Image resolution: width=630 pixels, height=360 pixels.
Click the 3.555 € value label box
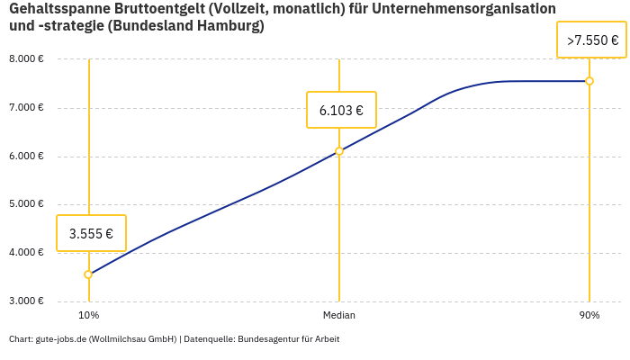click(x=91, y=233)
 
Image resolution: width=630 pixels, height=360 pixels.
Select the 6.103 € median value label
click(x=341, y=111)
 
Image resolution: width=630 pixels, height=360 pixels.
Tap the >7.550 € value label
click(x=591, y=40)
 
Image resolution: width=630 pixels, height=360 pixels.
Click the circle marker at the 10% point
click(x=88, y=274)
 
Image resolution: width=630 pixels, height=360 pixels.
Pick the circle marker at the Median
click(x=339, y=151)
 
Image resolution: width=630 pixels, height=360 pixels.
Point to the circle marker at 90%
click(x=589, y=81)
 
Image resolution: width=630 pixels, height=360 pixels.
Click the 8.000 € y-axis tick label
click(x=26, y=59)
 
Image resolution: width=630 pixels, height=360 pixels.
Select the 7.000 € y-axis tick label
click(x=26, y=108)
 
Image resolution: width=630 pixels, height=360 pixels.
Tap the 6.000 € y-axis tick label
click(x=26, y=157)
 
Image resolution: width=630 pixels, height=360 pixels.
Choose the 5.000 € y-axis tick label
click(x=26, y=204)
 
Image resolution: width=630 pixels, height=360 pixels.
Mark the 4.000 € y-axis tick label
click(x=26, y=253)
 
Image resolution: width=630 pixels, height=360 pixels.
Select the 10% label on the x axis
click(x=88, y=316)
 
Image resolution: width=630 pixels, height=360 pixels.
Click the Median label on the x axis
click(x=339, y=316)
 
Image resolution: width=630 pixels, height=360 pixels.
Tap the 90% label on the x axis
click(x=589, y=316)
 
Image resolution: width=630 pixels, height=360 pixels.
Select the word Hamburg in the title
click(x=226, y=26)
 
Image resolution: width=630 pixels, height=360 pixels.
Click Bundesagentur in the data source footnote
click(x=267, y=339)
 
